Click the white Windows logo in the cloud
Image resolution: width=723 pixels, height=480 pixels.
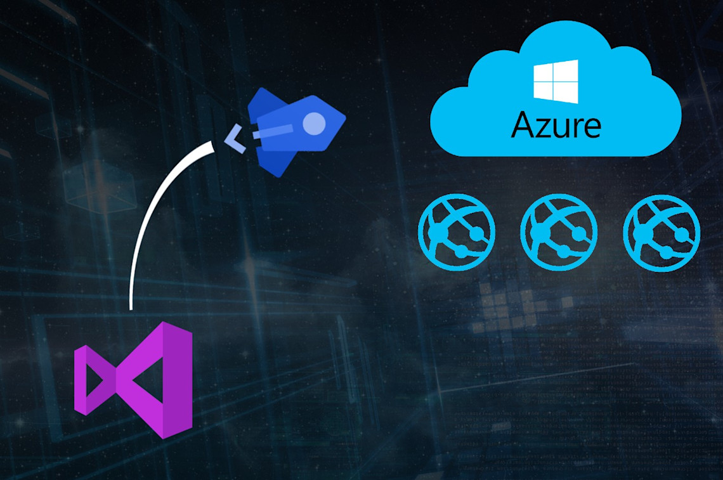tap(556, 81)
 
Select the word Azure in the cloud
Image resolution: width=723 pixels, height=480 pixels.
tap(556, 126)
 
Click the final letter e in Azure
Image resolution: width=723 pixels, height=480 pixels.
tap(590, 127)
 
